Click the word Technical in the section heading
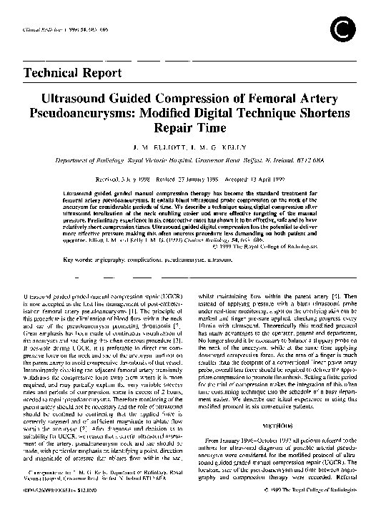pyautogui.click(x=54, y=72)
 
